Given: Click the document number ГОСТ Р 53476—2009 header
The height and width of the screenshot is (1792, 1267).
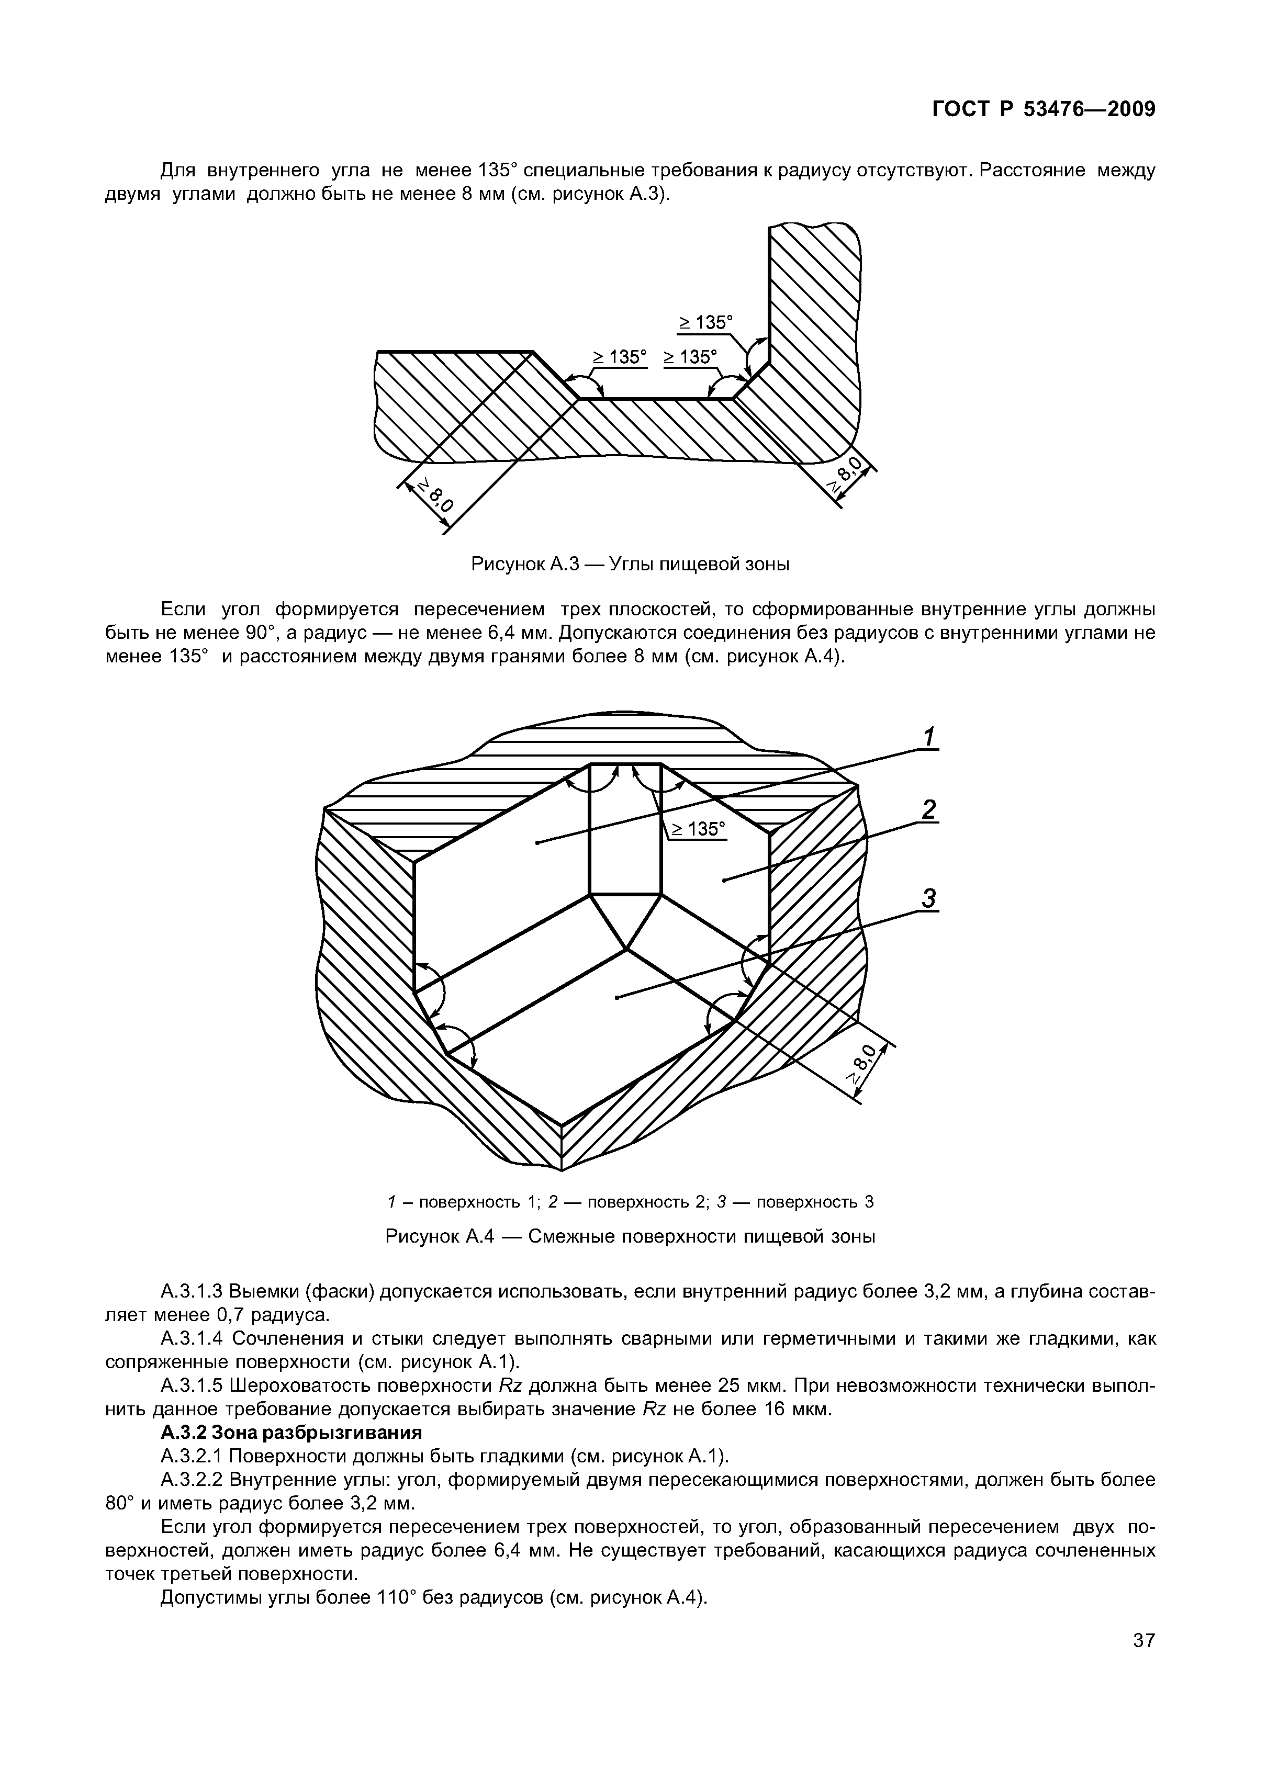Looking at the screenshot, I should pyautogui.click(x=1043, y=110).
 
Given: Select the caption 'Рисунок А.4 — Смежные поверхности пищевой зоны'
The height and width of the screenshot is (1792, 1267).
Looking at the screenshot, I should pyautogui.click(x=630, y=1237).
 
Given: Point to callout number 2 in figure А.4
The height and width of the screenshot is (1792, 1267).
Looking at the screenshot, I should pyautogui.click(x=928, y=810).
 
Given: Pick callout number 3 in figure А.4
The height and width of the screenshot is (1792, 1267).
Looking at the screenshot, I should pyautogui.click(x=928, y=898).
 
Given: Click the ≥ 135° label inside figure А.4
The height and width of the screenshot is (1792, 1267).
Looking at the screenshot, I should pyautogui.click(x=697, y=828).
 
